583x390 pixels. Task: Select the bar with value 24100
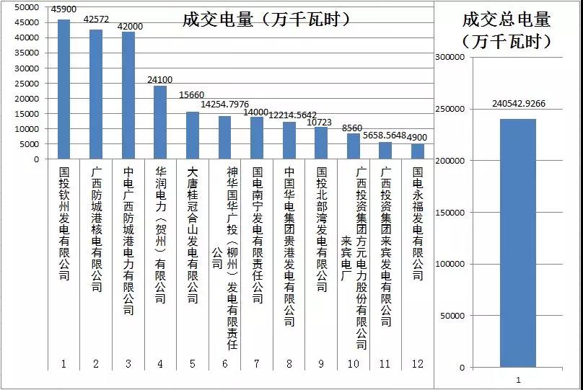coord(160,122)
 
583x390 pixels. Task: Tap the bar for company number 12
coord(418,151)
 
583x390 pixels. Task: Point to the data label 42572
coord(96,19)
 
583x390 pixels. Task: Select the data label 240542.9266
coord(518,103)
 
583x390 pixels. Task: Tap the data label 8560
coord(353,128)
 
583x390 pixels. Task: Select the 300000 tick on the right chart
coord(451,58)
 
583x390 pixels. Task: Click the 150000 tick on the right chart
coord(451,213)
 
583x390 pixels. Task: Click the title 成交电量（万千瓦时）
coord(266,19)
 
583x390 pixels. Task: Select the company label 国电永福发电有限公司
coord(418,223)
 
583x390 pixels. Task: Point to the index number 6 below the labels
coord(225,363)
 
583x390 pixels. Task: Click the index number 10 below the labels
coord(353,363)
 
